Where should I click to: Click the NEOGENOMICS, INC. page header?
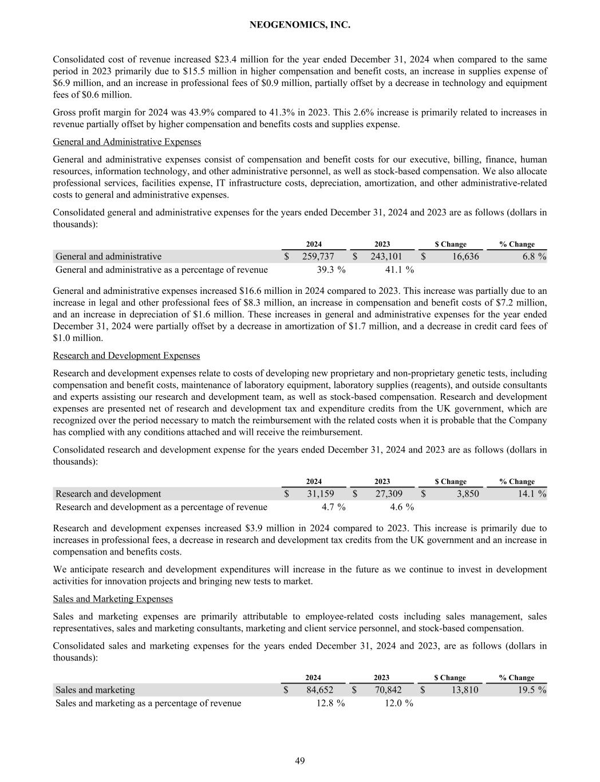pos(300,25)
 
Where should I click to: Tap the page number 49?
pos(300,761)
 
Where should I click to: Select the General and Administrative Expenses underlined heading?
pos(127,142)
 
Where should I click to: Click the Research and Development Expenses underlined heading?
pos(127,356)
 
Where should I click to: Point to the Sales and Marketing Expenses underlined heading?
pos(113,599)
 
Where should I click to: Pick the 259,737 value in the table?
pos(318,257)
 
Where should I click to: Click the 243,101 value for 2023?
pos(386,257)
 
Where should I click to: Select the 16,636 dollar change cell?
pos(465,257)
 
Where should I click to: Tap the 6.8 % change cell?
pos(534,257)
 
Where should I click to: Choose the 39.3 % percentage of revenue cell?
pos(331,270)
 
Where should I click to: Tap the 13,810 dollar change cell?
pos(464,690)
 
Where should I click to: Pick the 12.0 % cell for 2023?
pos(398,703)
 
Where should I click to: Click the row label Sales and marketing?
pos(95,690)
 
